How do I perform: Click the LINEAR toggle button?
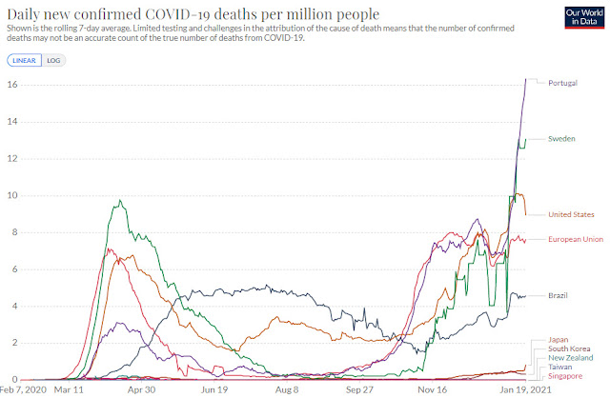24,60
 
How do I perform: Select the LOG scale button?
53,60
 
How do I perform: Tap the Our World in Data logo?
584,17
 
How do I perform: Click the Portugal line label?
562,83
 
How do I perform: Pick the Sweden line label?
561,139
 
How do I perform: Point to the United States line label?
571,214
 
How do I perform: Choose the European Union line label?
576,239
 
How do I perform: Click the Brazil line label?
558,295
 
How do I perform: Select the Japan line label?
559,340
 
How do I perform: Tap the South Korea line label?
569,348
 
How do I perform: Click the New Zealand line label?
571,358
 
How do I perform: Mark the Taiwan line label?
559,367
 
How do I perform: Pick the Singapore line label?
565,376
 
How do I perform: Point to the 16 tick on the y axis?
12,85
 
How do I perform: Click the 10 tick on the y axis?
12,195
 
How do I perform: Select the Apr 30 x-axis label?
141,389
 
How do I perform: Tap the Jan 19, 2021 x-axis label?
525,389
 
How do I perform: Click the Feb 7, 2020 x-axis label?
23,389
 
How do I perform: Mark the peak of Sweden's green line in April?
120,200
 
